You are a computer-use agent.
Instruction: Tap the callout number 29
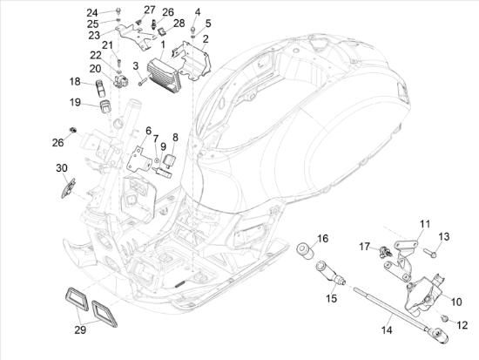79,331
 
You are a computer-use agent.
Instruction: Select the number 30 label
61,167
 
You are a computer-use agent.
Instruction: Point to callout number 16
322,238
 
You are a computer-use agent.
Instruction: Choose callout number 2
206,39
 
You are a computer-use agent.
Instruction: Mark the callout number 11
424,224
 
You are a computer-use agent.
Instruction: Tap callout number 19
76,103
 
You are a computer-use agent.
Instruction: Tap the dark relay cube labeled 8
172,160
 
